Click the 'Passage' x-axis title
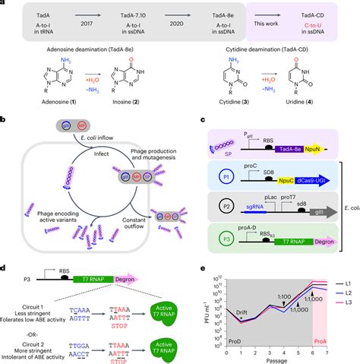click(286, 356)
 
